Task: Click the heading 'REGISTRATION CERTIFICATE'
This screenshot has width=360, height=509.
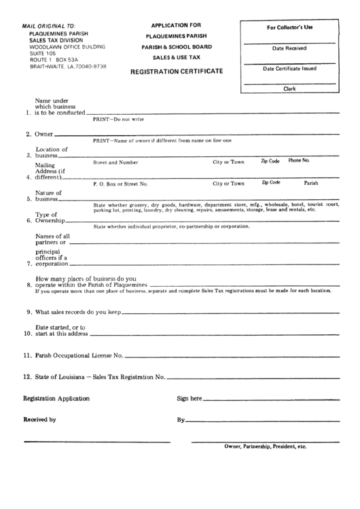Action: pyautogui.click(x=180, y=71)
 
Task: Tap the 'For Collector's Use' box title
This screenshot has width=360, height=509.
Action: pyautogui.click(x=289, y=27)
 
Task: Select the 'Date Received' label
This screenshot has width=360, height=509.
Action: pyautogui.click(x=289, y=49)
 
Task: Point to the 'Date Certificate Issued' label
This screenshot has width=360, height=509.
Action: pyautogui.click(x=289, y=69)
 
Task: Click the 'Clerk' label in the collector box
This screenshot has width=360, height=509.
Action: pyautogui.click(x=289, y=88)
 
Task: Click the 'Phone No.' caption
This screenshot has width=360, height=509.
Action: pyautogui.click(x=299, y=161)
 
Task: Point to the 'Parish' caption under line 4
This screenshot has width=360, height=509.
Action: pyautogui.click(x=311, y=183)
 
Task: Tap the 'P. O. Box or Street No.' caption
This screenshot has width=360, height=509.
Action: pyautogui.click(x=120, y=183)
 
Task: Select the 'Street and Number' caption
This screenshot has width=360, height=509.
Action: pyautogui.click(x=115, y=162)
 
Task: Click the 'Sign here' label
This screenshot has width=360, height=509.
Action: pyautogui.click(x=190, y=398)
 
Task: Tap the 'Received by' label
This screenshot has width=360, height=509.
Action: pyautogui.click(x=40, y=419)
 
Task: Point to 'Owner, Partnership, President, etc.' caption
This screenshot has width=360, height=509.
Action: pyautogui.click(x=266, y=447)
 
